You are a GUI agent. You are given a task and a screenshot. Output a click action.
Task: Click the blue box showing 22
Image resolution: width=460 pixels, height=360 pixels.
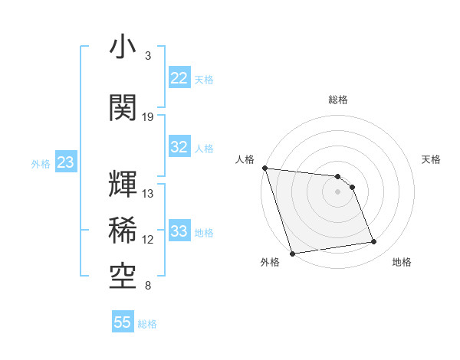pos(179,78)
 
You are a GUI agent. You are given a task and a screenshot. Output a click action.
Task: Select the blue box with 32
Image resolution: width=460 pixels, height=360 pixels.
pos(179,147)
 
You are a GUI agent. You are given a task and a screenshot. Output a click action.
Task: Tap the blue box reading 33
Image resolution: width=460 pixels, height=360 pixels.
pos(179,231)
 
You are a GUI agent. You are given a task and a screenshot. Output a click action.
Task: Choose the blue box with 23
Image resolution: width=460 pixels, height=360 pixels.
pos(65,162)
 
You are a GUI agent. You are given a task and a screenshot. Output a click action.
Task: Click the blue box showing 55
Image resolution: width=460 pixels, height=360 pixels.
pos(123,322)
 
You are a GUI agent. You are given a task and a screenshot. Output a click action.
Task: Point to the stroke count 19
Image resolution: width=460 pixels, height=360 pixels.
pos(148,116)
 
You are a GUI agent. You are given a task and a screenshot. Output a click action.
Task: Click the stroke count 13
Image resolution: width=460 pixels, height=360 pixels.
pos(148,194)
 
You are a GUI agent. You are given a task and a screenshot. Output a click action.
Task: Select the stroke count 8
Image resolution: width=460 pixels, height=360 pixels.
pos(148,286)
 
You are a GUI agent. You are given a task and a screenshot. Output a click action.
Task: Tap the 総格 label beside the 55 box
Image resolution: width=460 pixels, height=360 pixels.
pos(148,324)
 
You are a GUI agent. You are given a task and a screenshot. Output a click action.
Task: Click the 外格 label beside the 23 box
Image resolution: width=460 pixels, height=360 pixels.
pos(41,163)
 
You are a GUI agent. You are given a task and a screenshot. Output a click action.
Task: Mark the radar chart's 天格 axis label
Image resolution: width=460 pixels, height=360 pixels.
pos(432,159)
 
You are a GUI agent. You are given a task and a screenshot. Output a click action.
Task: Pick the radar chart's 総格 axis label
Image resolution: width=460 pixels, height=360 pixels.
pos(337,100)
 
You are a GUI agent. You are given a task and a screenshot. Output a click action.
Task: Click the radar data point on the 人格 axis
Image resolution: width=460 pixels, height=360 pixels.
pos(264,168)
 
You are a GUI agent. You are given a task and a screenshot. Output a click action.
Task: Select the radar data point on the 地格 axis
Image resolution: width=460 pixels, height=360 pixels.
pos(374,242)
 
